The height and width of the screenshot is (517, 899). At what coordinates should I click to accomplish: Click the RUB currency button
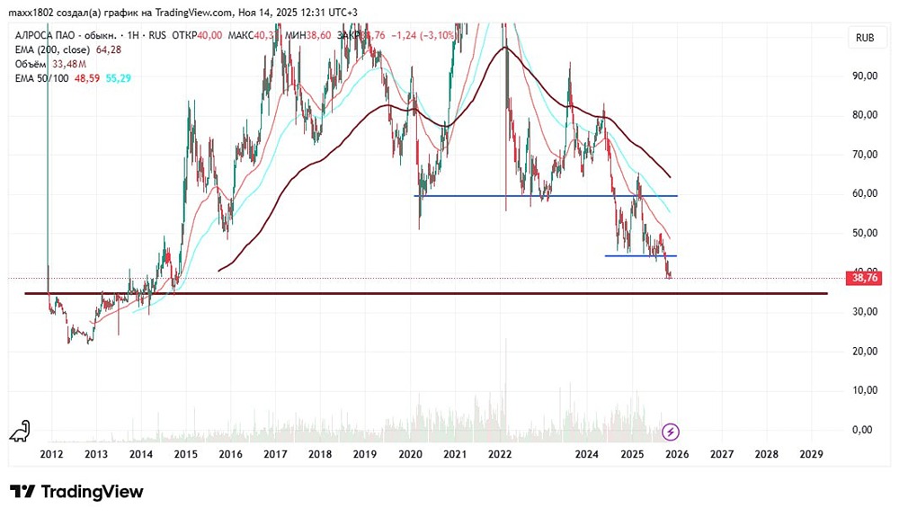(865, 38)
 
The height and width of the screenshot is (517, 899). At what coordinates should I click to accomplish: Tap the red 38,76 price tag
(863, 279)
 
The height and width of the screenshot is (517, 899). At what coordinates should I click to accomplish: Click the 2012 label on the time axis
(51, 455)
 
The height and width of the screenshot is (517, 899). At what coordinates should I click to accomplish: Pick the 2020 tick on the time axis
(410, 455)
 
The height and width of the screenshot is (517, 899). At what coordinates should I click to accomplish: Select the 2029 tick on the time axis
(811, 455)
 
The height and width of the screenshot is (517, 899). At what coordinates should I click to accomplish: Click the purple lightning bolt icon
(671, 432)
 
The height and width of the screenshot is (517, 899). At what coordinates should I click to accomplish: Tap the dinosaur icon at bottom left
(19, 432)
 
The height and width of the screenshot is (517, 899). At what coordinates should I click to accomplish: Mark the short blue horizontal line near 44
(640, 256)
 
